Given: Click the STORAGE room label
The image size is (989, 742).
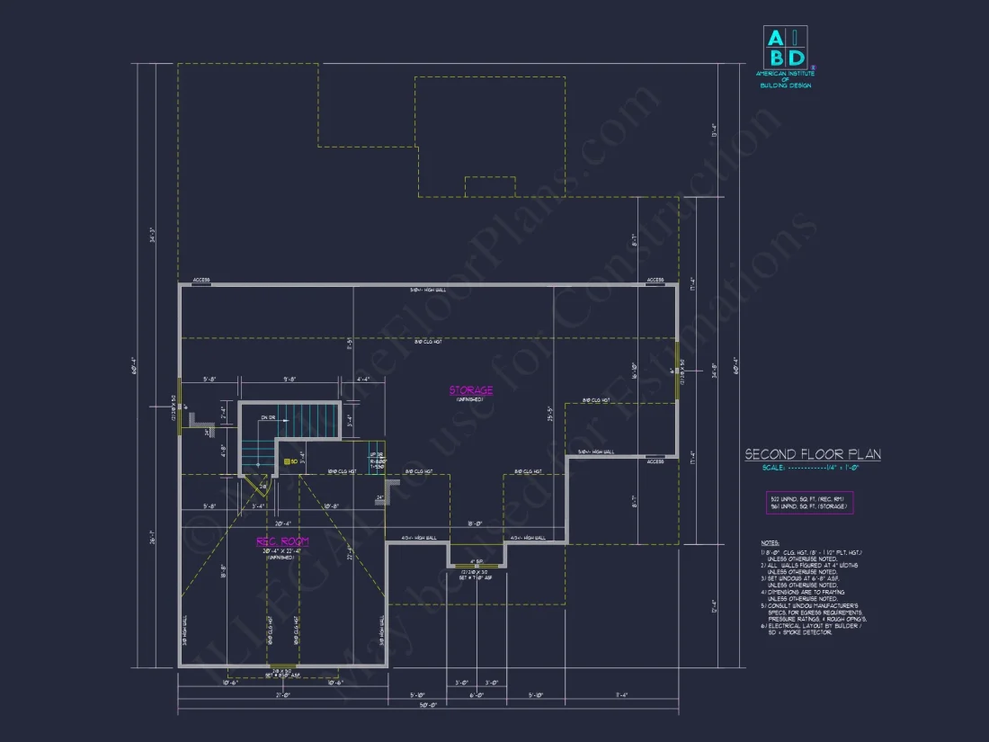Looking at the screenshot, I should pyautogui.click(x=471, y=390).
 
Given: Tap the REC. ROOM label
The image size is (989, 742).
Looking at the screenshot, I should pyautogui.click(x=282, y=541).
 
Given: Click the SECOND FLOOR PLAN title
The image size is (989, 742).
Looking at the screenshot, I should pyautogui.click(x=812, y=455).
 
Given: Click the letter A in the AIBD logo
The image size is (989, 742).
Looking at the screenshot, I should pyautogui.click(x=773, y=38).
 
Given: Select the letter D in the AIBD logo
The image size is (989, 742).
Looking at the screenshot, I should pyautogui.click(x=795, y=58).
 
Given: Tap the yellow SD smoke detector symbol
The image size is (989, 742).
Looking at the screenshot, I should pyautogui.click(x=288, y=461).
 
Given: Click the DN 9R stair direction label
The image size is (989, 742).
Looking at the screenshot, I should pyautogui.click(x=267, y=417).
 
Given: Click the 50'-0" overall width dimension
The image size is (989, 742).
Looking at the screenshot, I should pyautogui.click(x=428, y=705).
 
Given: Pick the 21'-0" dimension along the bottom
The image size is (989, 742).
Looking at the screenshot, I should pyautogui.click(x=282, y=694).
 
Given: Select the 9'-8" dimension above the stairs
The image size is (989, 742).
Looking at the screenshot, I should pyautogui.click(x=290, y=380).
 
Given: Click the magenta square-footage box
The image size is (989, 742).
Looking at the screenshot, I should pyautogui.click(x=809, y=503).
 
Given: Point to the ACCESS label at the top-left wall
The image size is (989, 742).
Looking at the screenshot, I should pyautogui.click(x=200, y=280).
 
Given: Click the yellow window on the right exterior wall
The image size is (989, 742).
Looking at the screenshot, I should pyautogui.click(x=674, y=371).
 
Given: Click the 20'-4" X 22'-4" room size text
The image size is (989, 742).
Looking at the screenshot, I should pyautogui.click(x=282, y=550).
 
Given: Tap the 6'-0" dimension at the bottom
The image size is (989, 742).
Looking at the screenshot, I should pyautogui.click(x=477, y=694).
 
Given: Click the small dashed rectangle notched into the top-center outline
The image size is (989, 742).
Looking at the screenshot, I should pyautogui.click(x=490, y=186).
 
